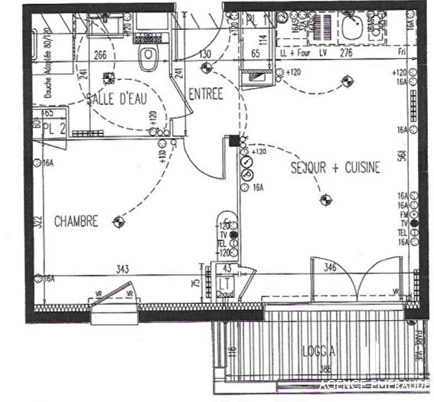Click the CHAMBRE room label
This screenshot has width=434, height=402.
pos(76,221)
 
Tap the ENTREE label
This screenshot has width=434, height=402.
pos(204,94)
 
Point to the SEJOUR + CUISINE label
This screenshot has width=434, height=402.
pos(334,168)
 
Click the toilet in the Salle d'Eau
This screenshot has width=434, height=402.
pos(148,55)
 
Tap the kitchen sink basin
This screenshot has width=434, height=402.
pos(354,28)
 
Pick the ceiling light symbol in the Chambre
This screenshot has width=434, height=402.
pos(117,222)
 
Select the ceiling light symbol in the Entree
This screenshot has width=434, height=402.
pos(204,67)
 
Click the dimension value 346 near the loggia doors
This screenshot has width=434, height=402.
pos(329,267)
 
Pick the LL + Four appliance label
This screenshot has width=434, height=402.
pos(293,53)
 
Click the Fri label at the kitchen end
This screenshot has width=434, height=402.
pos(403,53)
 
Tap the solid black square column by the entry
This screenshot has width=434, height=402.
pos(233,140)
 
